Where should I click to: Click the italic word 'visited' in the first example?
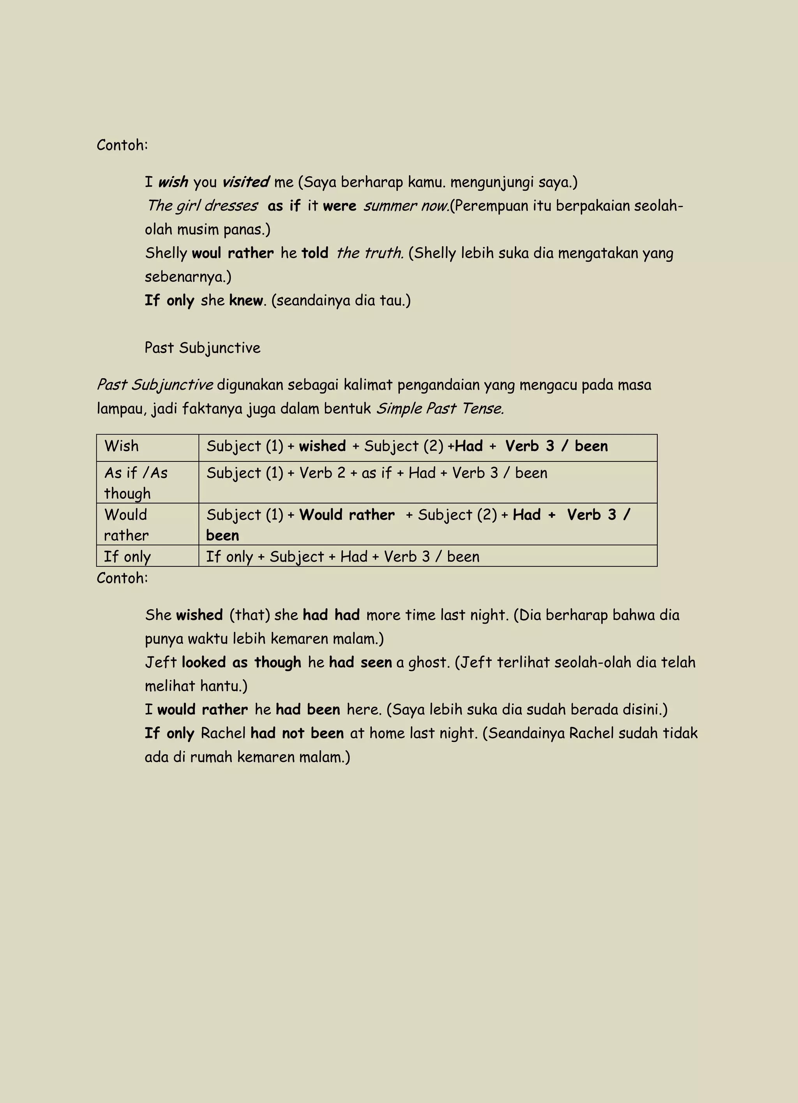click(245, 183)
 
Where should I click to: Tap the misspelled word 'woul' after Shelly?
click(207, 254)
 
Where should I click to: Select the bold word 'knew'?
click(246, 301)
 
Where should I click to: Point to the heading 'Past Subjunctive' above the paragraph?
click(202, 348)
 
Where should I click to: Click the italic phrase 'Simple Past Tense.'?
click(440, 408)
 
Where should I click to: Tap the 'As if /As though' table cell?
click(136, 483)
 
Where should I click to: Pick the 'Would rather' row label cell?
click(126, 525)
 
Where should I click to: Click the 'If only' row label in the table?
click(127, 557)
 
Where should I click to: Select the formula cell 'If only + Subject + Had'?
click(342, 557)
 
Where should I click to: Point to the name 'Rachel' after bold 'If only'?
click(222, 733)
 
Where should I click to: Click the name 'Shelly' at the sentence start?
click(166, 254)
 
